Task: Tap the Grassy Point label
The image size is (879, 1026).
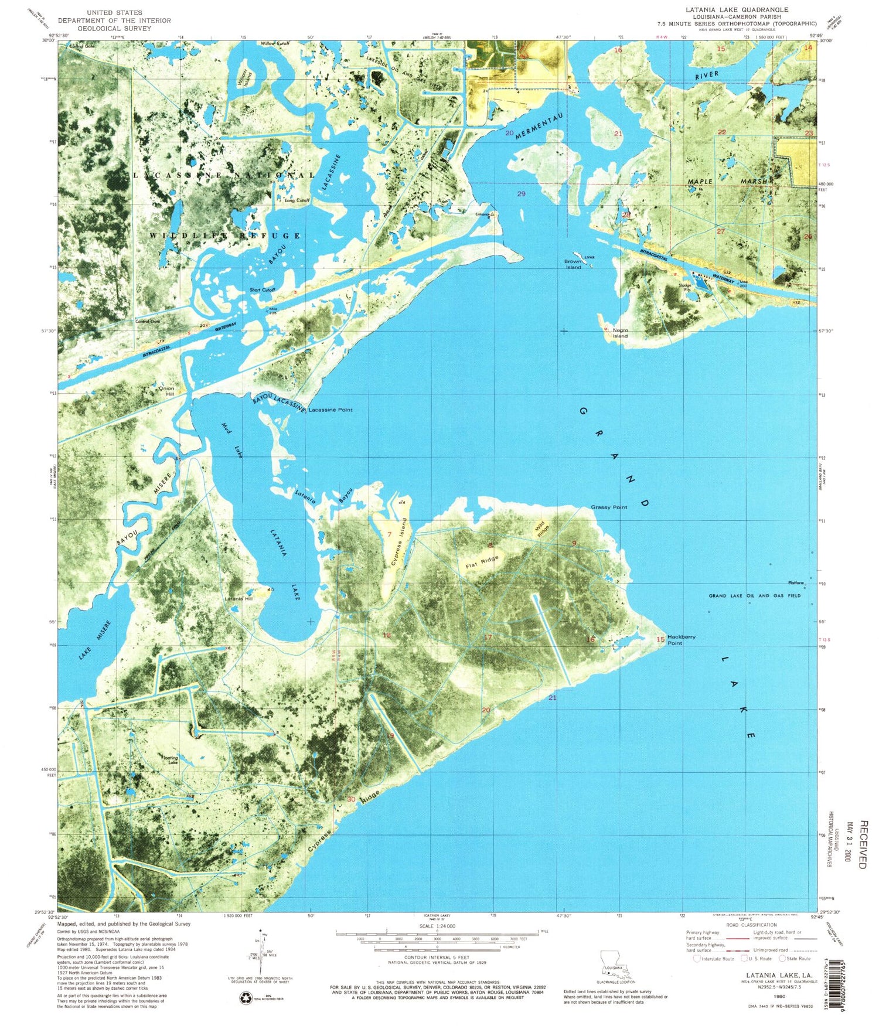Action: [609, 507]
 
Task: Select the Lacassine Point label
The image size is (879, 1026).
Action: [331, 410]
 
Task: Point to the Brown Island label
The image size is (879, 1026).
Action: [573, 264]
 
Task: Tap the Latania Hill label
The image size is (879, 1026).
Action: [239, 599]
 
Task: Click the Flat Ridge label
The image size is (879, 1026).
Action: [482, 562]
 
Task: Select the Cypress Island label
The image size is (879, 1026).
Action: [400, 541]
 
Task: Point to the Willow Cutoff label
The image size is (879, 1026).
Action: [275, 43]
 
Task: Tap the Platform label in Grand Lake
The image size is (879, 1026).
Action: [795, 582]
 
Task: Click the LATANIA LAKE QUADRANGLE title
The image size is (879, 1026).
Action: [737, 10]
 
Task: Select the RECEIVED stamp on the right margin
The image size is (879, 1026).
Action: [862, 844]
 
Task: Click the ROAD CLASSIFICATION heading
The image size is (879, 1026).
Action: [751, 925]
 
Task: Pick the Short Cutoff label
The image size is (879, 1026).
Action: [262, 290]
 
